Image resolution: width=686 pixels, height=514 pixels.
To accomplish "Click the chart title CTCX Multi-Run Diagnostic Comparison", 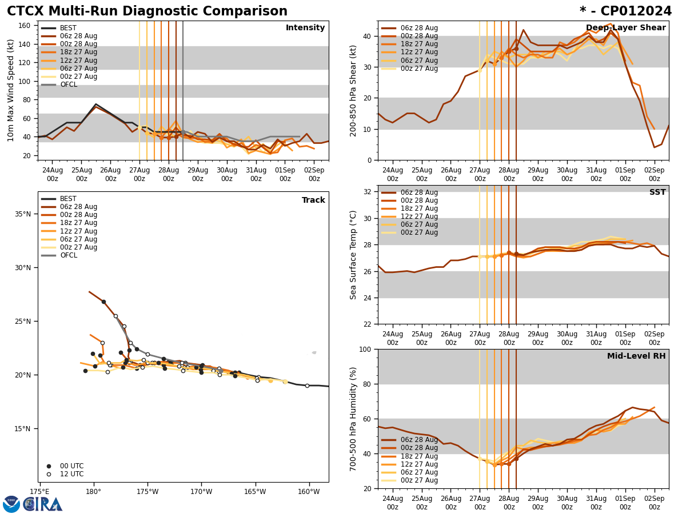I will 147,11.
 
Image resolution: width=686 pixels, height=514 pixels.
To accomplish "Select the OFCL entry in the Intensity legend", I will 68,85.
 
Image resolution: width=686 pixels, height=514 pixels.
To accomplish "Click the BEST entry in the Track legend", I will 68,199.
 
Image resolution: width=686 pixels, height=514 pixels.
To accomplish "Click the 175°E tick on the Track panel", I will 39,491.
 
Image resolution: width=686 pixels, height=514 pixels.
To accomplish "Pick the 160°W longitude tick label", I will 309,491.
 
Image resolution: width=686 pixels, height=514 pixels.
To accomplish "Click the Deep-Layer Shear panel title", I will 625,28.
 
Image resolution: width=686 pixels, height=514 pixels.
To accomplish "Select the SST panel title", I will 657,192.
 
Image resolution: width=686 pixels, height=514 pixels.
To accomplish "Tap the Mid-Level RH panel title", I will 636,356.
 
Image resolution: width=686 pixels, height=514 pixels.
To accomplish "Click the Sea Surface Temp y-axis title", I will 353,255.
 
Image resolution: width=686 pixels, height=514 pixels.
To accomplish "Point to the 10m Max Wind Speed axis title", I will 10,90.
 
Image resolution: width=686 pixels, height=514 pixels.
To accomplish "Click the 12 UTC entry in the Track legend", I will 71,474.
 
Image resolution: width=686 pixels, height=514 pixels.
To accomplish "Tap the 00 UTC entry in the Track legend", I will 71,466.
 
